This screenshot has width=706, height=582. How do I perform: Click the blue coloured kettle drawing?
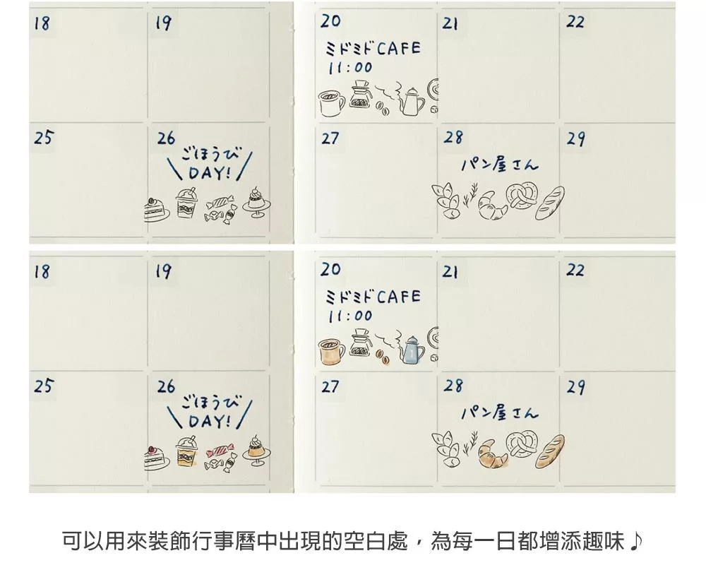412,350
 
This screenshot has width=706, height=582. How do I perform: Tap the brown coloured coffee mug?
331,352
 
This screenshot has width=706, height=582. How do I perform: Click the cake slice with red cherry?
157,458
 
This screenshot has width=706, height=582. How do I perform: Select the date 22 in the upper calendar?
575,22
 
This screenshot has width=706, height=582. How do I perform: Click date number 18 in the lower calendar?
42,272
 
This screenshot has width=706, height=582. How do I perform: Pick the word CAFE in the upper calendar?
398,48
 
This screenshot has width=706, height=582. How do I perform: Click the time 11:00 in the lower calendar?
350,316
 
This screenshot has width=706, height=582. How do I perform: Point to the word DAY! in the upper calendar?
210,172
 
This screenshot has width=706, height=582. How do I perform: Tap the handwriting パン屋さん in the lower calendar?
500,412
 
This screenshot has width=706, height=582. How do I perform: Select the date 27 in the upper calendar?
330,138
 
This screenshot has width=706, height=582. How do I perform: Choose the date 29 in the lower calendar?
576,387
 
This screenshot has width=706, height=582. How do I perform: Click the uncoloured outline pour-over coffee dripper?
361,94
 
